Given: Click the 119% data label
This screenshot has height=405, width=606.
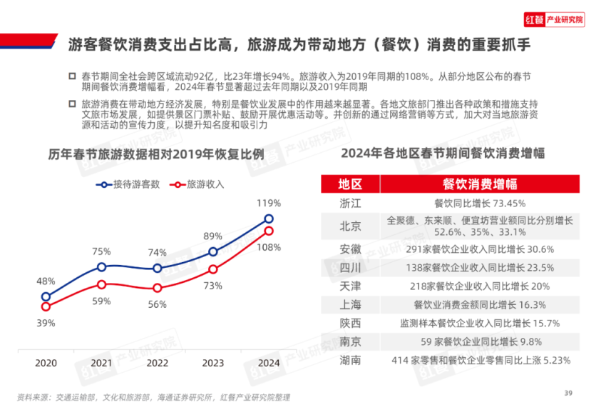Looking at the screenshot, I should (269, 203).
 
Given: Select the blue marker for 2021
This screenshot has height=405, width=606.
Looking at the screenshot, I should (101, 266).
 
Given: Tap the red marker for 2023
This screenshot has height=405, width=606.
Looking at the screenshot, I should (212, 269).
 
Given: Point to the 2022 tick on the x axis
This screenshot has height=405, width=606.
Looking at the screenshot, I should (157, 363).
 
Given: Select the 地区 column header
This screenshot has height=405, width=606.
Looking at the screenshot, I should (351, 184).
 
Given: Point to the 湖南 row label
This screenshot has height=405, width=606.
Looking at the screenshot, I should (351, 360).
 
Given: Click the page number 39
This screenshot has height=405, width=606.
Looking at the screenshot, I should (568, 391).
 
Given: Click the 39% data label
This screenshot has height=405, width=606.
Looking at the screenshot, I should (46, 324).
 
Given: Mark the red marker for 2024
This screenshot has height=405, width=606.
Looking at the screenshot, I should (268, 231).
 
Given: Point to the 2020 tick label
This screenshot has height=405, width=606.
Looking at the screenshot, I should (46, 363).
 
